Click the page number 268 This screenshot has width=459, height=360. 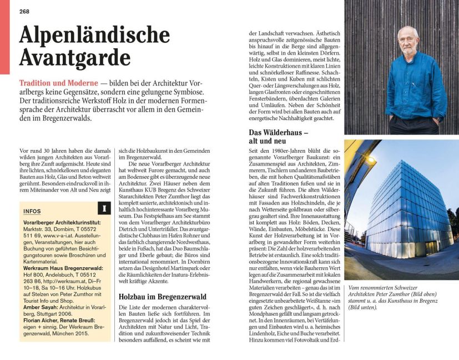24,12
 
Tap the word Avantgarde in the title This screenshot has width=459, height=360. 75,57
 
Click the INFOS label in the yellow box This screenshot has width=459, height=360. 32,212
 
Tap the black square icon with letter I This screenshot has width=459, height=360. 103,208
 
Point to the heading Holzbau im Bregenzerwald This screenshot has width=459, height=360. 163,297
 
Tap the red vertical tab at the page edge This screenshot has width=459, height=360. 4,39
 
